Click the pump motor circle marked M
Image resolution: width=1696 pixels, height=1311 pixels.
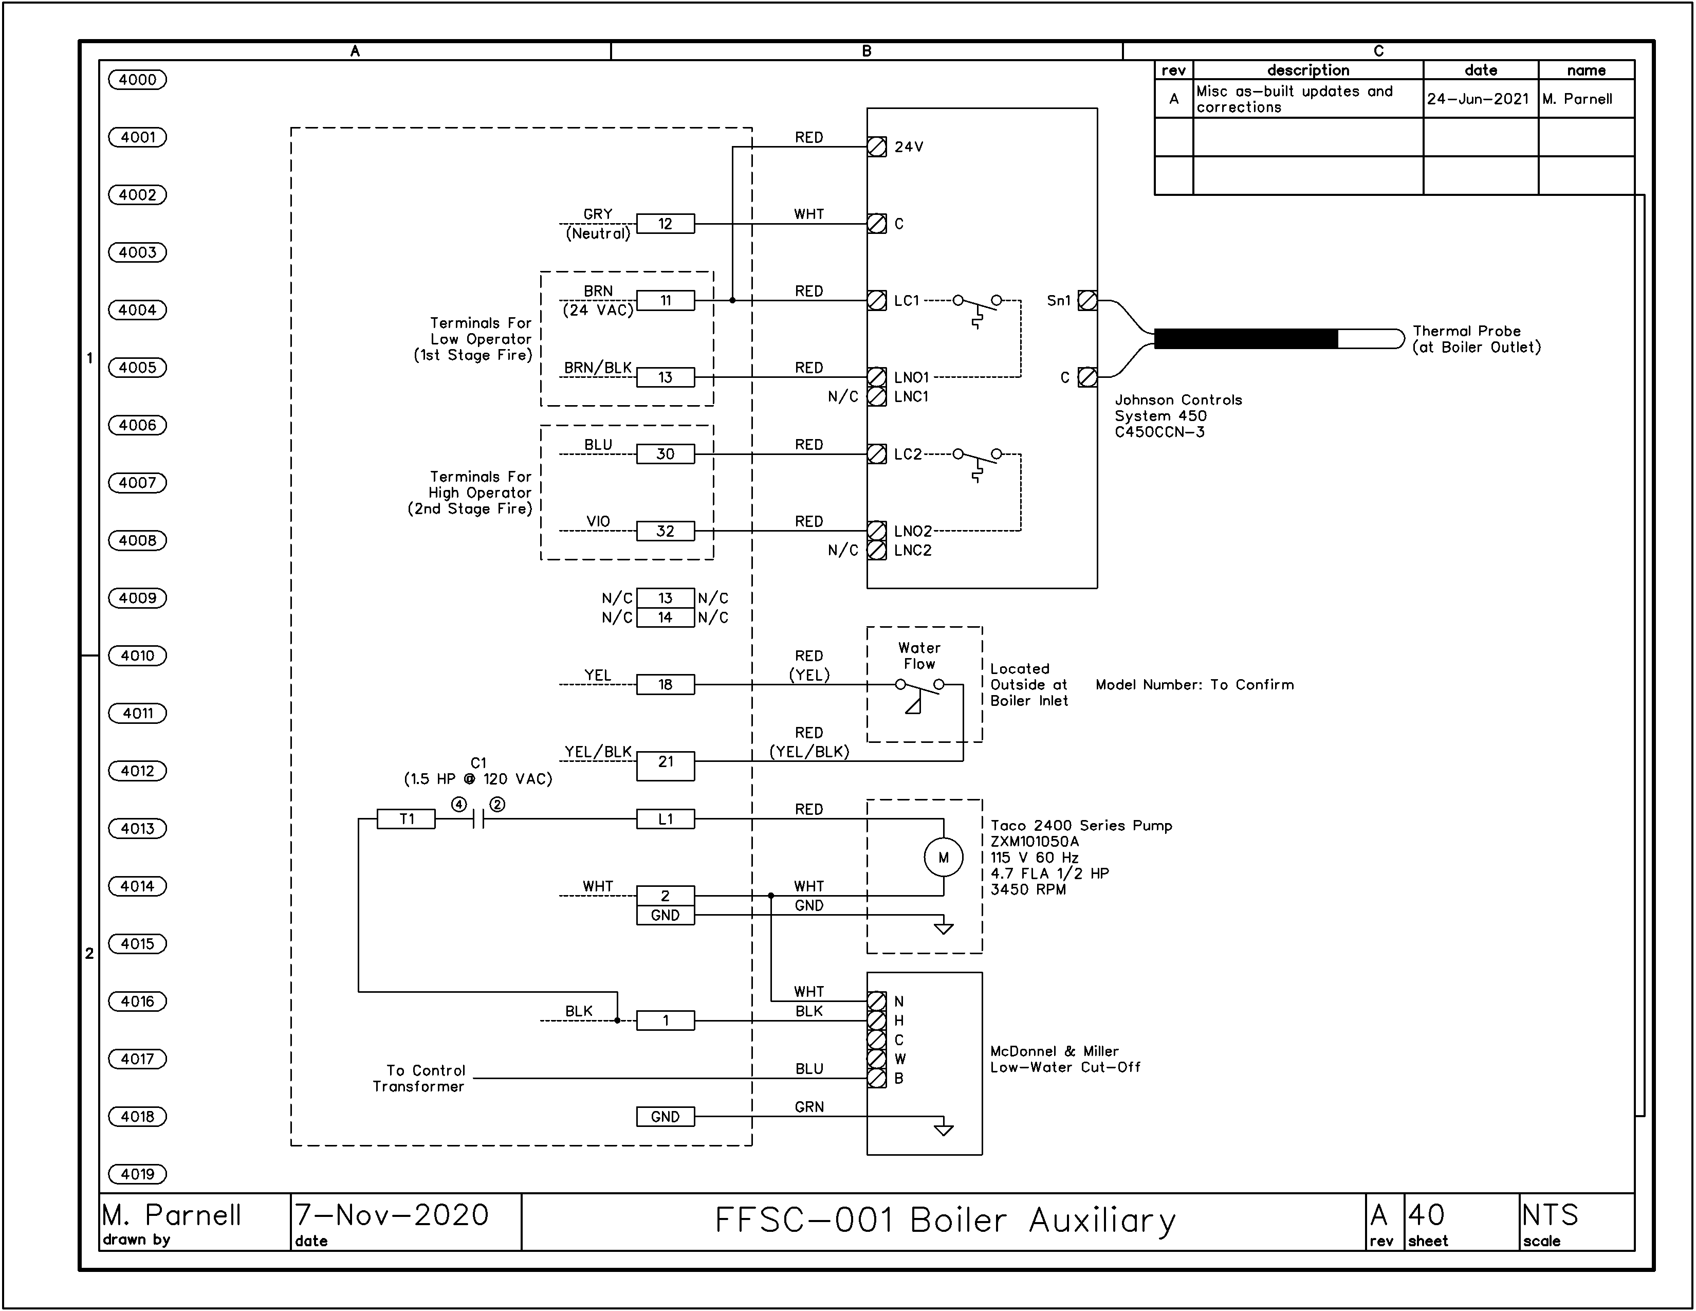click(944, 858)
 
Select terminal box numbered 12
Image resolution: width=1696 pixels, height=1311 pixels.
click(666, 224)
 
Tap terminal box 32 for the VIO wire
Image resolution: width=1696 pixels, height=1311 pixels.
click(666, 531)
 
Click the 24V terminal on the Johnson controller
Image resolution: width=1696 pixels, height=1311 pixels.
click(877, 147)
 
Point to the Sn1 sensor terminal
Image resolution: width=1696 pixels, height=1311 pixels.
click(1088, 301)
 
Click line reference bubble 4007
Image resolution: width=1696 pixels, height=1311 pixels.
click(137, 482)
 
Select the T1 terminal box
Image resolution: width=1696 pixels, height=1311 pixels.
click(406, 818)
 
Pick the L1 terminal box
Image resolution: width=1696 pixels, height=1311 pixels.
click(666, 818)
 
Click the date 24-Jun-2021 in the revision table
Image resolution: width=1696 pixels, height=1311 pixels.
click(1478, 99)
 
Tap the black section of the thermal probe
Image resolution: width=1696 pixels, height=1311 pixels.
click(1246, 339)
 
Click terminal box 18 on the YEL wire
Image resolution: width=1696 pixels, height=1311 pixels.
click(666, 684)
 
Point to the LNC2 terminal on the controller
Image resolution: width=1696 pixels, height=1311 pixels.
click(877, 551)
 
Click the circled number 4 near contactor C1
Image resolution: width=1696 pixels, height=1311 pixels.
click(459, 805)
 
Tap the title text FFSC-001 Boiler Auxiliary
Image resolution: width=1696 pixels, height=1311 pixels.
click(945, 1220)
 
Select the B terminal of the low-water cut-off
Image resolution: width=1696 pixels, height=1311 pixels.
click(877, 1078)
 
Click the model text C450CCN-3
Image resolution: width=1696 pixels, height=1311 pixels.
click(1160, 432)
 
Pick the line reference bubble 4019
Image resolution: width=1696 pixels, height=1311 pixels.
click(137, 1174)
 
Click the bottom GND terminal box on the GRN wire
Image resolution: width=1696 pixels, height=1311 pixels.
click(666, 1117)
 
